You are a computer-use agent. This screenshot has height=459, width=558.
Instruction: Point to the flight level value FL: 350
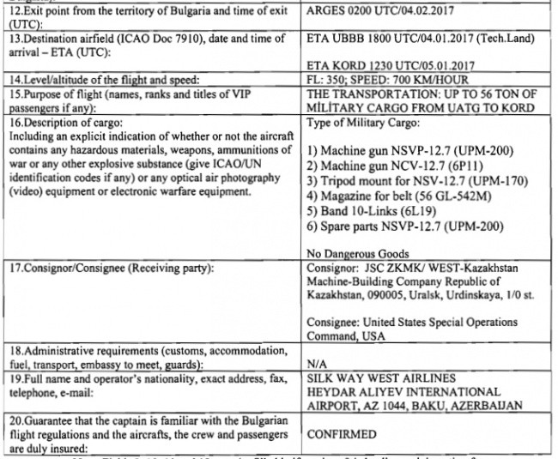pos(327,79)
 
